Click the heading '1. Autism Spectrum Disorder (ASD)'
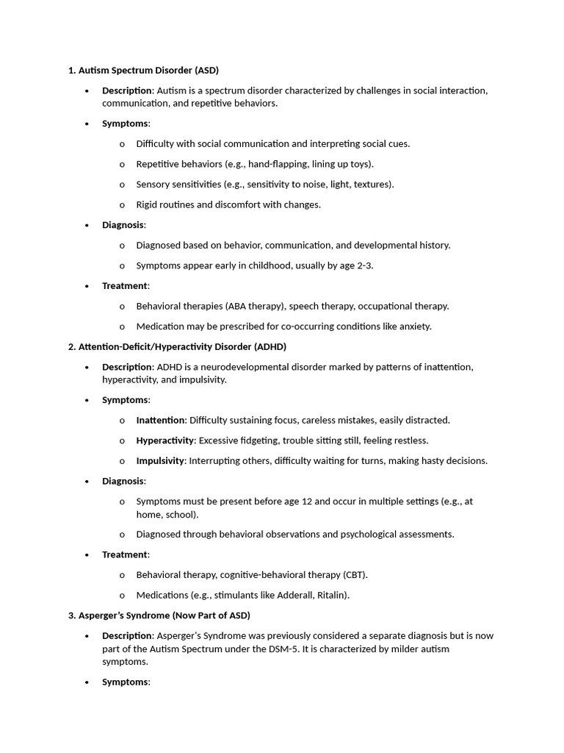[x=143, y=71]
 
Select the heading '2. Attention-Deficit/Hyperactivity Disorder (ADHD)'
[x=177, y=346]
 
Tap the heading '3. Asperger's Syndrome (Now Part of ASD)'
[x=159, y=615]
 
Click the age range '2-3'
[x=363, y=265]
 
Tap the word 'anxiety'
[x=413, y=326]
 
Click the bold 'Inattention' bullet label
[x=160, y=421]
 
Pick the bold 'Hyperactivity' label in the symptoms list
[x=164, y=440]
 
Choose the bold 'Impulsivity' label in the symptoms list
[x=160, y=461]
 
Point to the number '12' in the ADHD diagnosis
[x=308, y=502]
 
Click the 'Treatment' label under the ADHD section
[x=124, y=554]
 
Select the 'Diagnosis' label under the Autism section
[x=123, y=225]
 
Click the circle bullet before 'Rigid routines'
[x=122, y=205]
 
